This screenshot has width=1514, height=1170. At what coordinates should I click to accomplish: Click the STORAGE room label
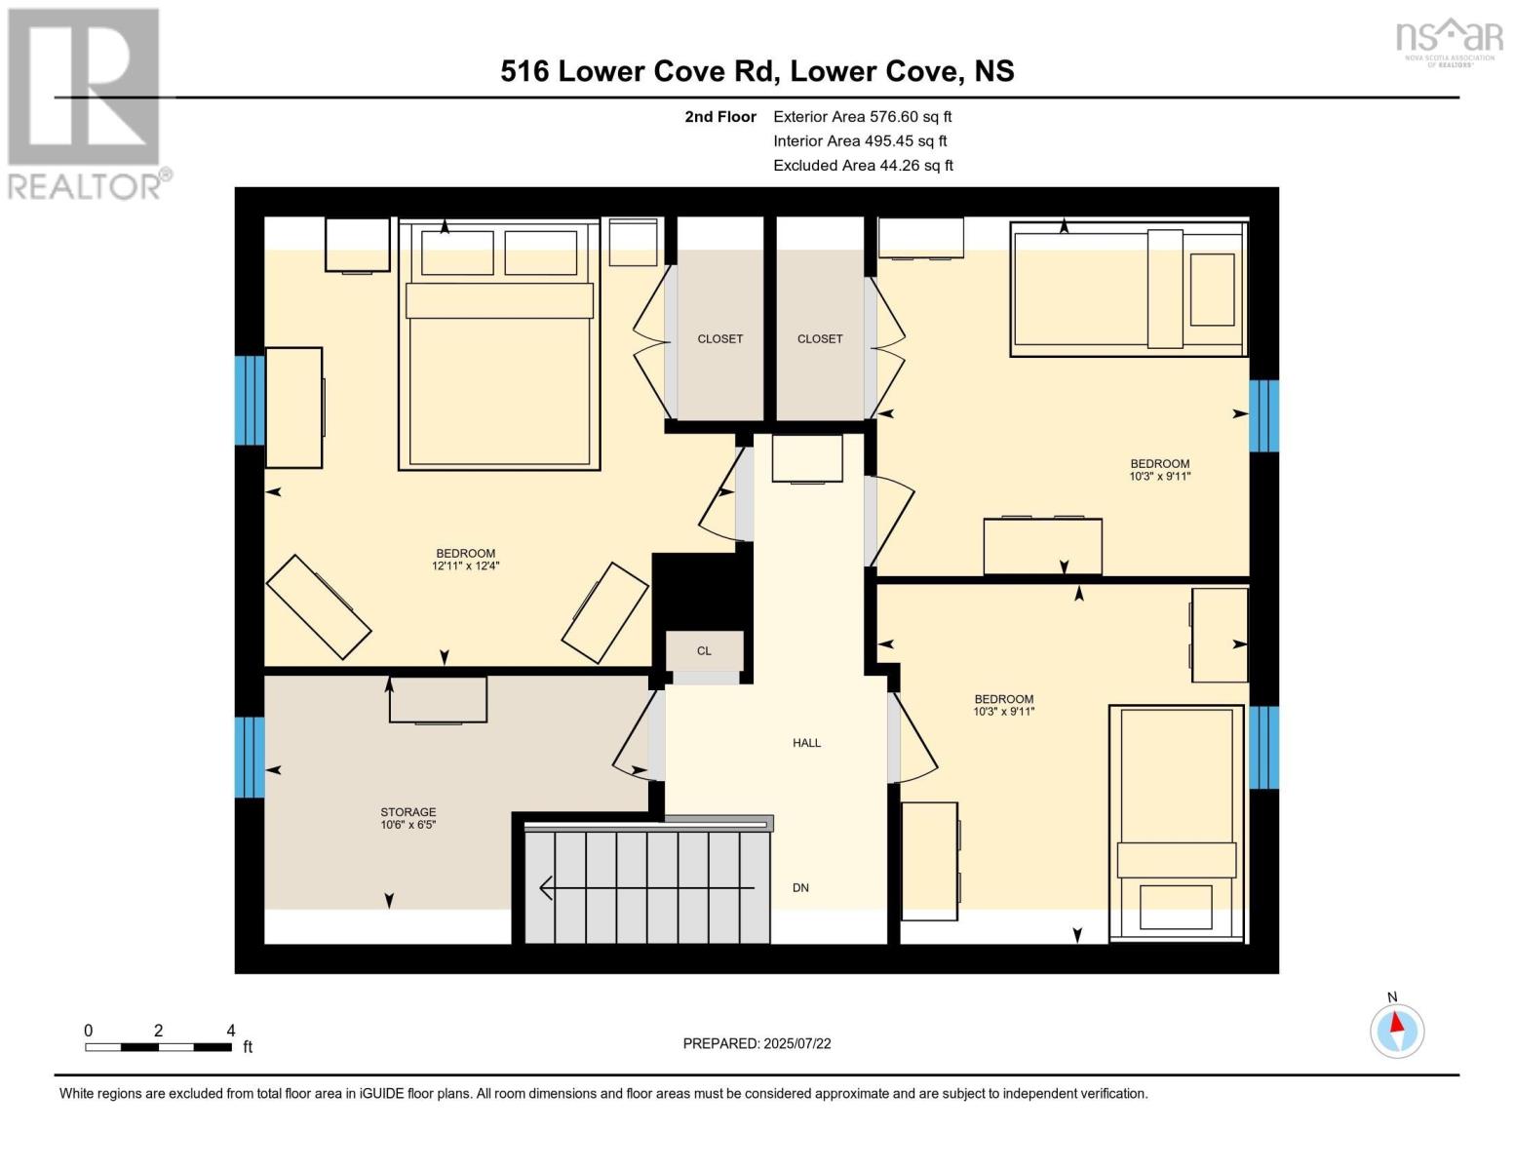point(408,811)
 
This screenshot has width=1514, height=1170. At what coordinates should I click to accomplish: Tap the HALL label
point(806,743)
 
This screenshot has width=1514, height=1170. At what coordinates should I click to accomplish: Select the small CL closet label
point(704,651)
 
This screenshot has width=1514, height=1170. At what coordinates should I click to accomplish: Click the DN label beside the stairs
point(800,888)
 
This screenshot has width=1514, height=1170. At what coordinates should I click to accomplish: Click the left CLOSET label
point(719,339)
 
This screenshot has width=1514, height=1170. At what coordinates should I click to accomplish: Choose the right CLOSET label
point(819,339)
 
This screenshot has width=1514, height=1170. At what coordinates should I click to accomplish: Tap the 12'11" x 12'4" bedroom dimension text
point(465,566)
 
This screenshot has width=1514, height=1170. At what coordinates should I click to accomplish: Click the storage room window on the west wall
point(250,757)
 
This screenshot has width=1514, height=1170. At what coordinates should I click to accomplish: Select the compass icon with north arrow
point(1397,1031)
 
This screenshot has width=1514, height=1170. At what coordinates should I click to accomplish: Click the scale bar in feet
point(158,1047)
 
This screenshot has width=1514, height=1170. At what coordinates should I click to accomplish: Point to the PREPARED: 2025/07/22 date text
point(757,1043)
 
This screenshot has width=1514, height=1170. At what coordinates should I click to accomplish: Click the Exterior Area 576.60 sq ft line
point(862,117)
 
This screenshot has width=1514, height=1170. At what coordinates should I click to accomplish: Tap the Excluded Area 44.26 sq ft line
point(863,166)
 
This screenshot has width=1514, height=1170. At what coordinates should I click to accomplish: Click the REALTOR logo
point(86,102)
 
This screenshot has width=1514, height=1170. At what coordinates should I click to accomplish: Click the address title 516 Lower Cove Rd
point(757,71)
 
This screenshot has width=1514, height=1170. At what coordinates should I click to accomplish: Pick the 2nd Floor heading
point(719,117)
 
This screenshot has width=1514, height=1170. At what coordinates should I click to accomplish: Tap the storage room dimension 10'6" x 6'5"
point(408,825)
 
